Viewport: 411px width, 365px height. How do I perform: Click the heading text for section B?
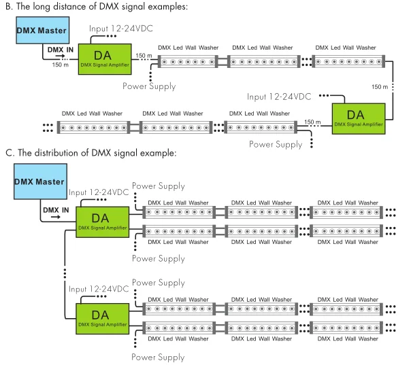100,7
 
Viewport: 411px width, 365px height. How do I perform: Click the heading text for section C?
91,153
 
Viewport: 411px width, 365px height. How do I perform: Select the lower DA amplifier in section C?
101,317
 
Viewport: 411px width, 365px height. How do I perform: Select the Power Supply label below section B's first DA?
149,86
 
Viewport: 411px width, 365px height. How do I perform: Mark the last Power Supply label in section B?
276,144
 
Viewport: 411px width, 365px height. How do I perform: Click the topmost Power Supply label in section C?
158,186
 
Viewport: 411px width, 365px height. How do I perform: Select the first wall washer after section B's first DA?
185,60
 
